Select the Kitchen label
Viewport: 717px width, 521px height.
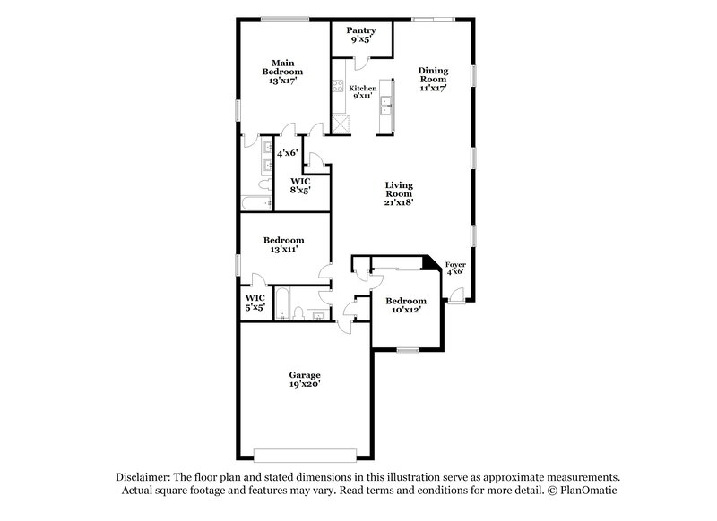pos(361,88)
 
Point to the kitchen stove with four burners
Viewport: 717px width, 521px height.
pos(339,88)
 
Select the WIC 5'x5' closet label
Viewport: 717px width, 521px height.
pos(255,302)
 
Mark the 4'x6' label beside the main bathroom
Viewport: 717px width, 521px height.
pos(287,154)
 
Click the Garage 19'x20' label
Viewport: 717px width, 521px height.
pos(305,380)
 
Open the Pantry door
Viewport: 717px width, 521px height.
pos(358,61)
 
